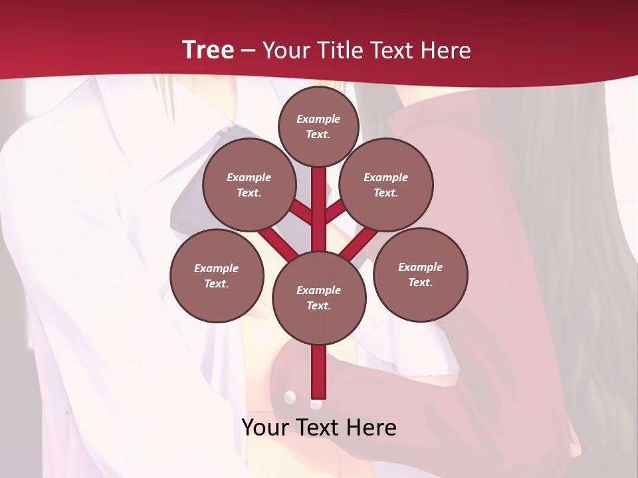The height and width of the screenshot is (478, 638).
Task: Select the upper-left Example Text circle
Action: (x=249, y=185)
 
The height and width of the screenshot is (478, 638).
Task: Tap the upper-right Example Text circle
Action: (x=386, y=185)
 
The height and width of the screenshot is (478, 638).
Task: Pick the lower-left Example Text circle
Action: (x=217, y=276)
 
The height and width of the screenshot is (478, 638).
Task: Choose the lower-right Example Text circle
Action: (x=420, y=274)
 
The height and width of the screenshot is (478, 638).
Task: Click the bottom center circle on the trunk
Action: (x=319, y=297)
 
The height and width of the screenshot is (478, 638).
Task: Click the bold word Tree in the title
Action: (x=208, y=50)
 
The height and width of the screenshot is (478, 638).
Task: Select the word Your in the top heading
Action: (x=286, y=50)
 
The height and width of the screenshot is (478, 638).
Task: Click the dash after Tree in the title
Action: (x=248, y=50)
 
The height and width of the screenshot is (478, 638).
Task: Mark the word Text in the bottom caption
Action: (x=318, y=428)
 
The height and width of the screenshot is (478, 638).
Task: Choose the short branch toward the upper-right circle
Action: (x=335, y=212)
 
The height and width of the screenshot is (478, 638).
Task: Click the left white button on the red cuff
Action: (x=290, y=397)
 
